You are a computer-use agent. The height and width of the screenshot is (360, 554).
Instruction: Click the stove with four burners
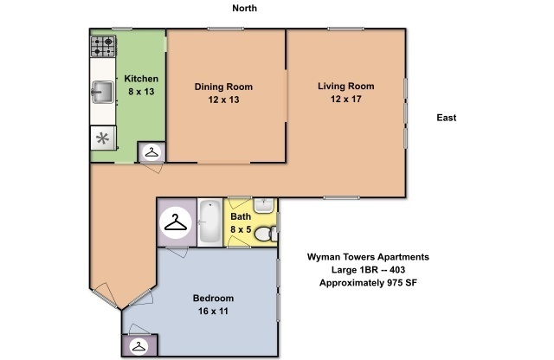pyautogui.click(x=103, y=44)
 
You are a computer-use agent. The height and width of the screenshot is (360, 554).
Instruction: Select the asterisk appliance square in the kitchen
pyautogui.click(x=103, y=138)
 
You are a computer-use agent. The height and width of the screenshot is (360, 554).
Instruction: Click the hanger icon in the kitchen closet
pyautogui.click(x=152, y=152)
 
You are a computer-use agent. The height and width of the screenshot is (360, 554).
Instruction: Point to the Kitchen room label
pyautogui.click(x=139, y=79)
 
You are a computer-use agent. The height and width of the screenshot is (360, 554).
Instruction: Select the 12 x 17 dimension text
pyautogui.click(x=345, y=100)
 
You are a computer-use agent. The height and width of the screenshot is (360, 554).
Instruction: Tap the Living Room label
pyautogui.click(x=345, y=86)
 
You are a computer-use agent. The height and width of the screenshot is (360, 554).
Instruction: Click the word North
pyautogui.click(x=245, y=8)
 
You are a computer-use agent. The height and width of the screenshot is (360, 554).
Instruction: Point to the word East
pyautogui.click(x=446, y=118)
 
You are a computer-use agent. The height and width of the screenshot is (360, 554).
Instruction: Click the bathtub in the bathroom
pyautogui.click(x=209, y=222)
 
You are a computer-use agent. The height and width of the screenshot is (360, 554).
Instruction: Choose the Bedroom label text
pyautogui.click(x=212, y=298)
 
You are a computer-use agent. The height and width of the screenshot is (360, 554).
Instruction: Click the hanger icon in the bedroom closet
pyautogui.click(x=138, y=346)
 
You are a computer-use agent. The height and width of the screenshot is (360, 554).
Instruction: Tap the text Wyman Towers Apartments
pyautogui.click(x=368, y=257)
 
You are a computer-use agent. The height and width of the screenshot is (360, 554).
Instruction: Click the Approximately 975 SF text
pyautogui.click(x=369, y=283)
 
